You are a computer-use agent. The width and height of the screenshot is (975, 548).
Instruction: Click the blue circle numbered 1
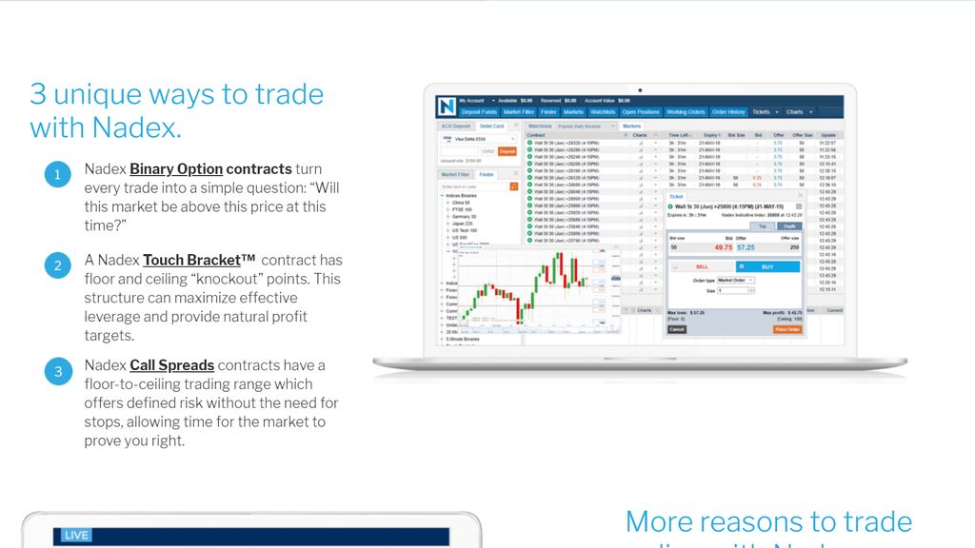[x=57, y=174]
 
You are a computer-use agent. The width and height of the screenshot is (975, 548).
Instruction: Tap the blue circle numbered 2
[x=57, y=265]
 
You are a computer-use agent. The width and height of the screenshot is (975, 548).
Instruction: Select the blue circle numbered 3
[x=57, y=371]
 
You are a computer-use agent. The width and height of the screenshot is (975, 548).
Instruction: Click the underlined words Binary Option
[x=176, y=169]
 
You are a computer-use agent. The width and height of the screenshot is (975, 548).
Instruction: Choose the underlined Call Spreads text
[x=171, y=365]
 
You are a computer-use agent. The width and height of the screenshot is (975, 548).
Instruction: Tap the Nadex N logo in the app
[x=447, y=106]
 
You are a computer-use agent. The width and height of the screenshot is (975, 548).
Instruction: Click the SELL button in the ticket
[x=702, y=266]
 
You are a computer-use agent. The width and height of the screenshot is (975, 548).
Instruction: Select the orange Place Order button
[x=787, y=329]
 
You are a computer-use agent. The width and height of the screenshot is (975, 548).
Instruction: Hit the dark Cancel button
[x=676, y=329]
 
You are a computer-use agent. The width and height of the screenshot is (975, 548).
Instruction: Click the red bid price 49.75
[x=723, y=246]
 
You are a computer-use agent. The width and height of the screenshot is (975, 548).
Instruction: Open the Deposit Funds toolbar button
[x=479, y=112]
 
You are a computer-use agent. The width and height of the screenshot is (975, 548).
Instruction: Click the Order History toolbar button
[x=728, y=112]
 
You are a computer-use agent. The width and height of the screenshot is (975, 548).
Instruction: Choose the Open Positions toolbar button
[x=641, y=112]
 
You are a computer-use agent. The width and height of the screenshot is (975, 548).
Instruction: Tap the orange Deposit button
[x=507, y=151]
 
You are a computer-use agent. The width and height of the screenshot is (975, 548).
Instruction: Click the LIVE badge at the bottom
[x=76, y=536]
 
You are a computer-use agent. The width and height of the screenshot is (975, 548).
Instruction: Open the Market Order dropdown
[x=735, y=281]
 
